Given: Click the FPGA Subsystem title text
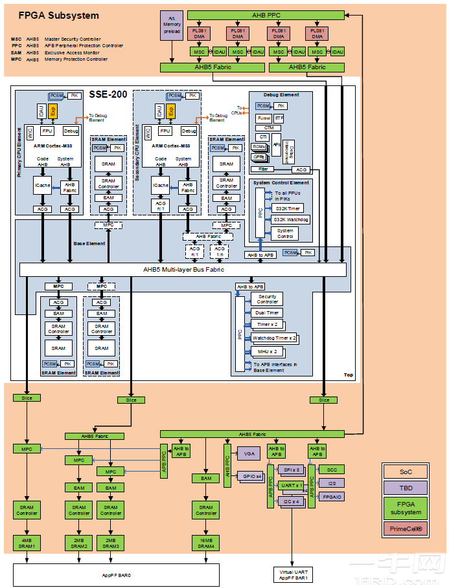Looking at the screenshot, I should pos(58,15).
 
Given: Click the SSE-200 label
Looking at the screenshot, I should pos(107,94).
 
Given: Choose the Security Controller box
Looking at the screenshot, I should pos(268,299).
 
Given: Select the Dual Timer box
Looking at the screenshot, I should pos(268,312).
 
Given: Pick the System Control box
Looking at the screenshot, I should pos(285,233).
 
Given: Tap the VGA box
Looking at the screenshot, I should pos(249,455).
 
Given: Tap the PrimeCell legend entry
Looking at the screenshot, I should pos(405,528).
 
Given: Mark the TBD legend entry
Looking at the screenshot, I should pos(405,488).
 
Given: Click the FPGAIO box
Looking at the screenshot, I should pos(331,497).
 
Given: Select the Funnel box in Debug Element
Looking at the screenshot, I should pos(264,118).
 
